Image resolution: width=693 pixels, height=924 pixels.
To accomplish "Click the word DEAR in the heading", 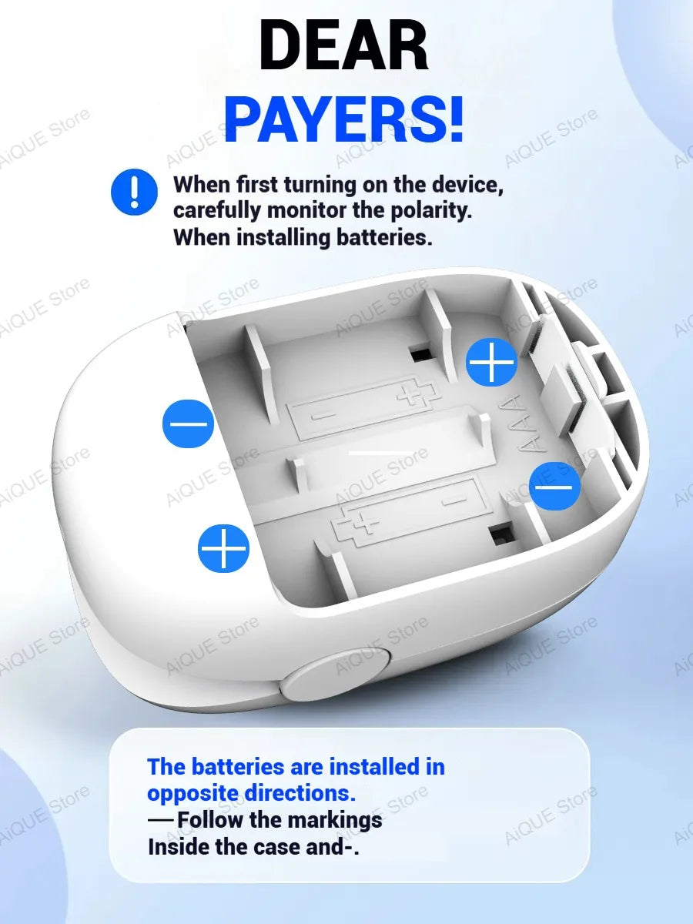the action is pyautogui.click(x=343, y=45).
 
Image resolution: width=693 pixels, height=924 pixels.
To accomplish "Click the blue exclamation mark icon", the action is pyautogui.click(x=134, y=192).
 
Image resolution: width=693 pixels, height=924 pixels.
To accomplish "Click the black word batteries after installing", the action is pyautogui.click(x=383, y=237).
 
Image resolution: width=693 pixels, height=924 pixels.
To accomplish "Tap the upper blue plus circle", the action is pyautogui.click(x=491, y=362).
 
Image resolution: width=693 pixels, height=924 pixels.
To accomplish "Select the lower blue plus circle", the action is pyautogui.click(x=223, y=548).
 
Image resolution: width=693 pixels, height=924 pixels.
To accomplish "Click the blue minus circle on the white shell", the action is pyautogui.click(x=188, y=423).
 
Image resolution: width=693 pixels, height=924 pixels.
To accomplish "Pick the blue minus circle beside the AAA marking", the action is pyautogui.click(x=554, y=486).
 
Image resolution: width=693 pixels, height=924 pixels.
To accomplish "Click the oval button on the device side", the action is pyautogui.click(x=336, y=670).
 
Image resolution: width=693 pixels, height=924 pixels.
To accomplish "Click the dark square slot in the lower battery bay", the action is pyautogui.click(x=500, y=534).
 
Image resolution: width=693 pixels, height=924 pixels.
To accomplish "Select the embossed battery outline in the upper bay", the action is pyautogui.click(x=365, y=408).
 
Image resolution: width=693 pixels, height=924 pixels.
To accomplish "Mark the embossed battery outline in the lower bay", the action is pyautogui.click(x=408, y=512).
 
